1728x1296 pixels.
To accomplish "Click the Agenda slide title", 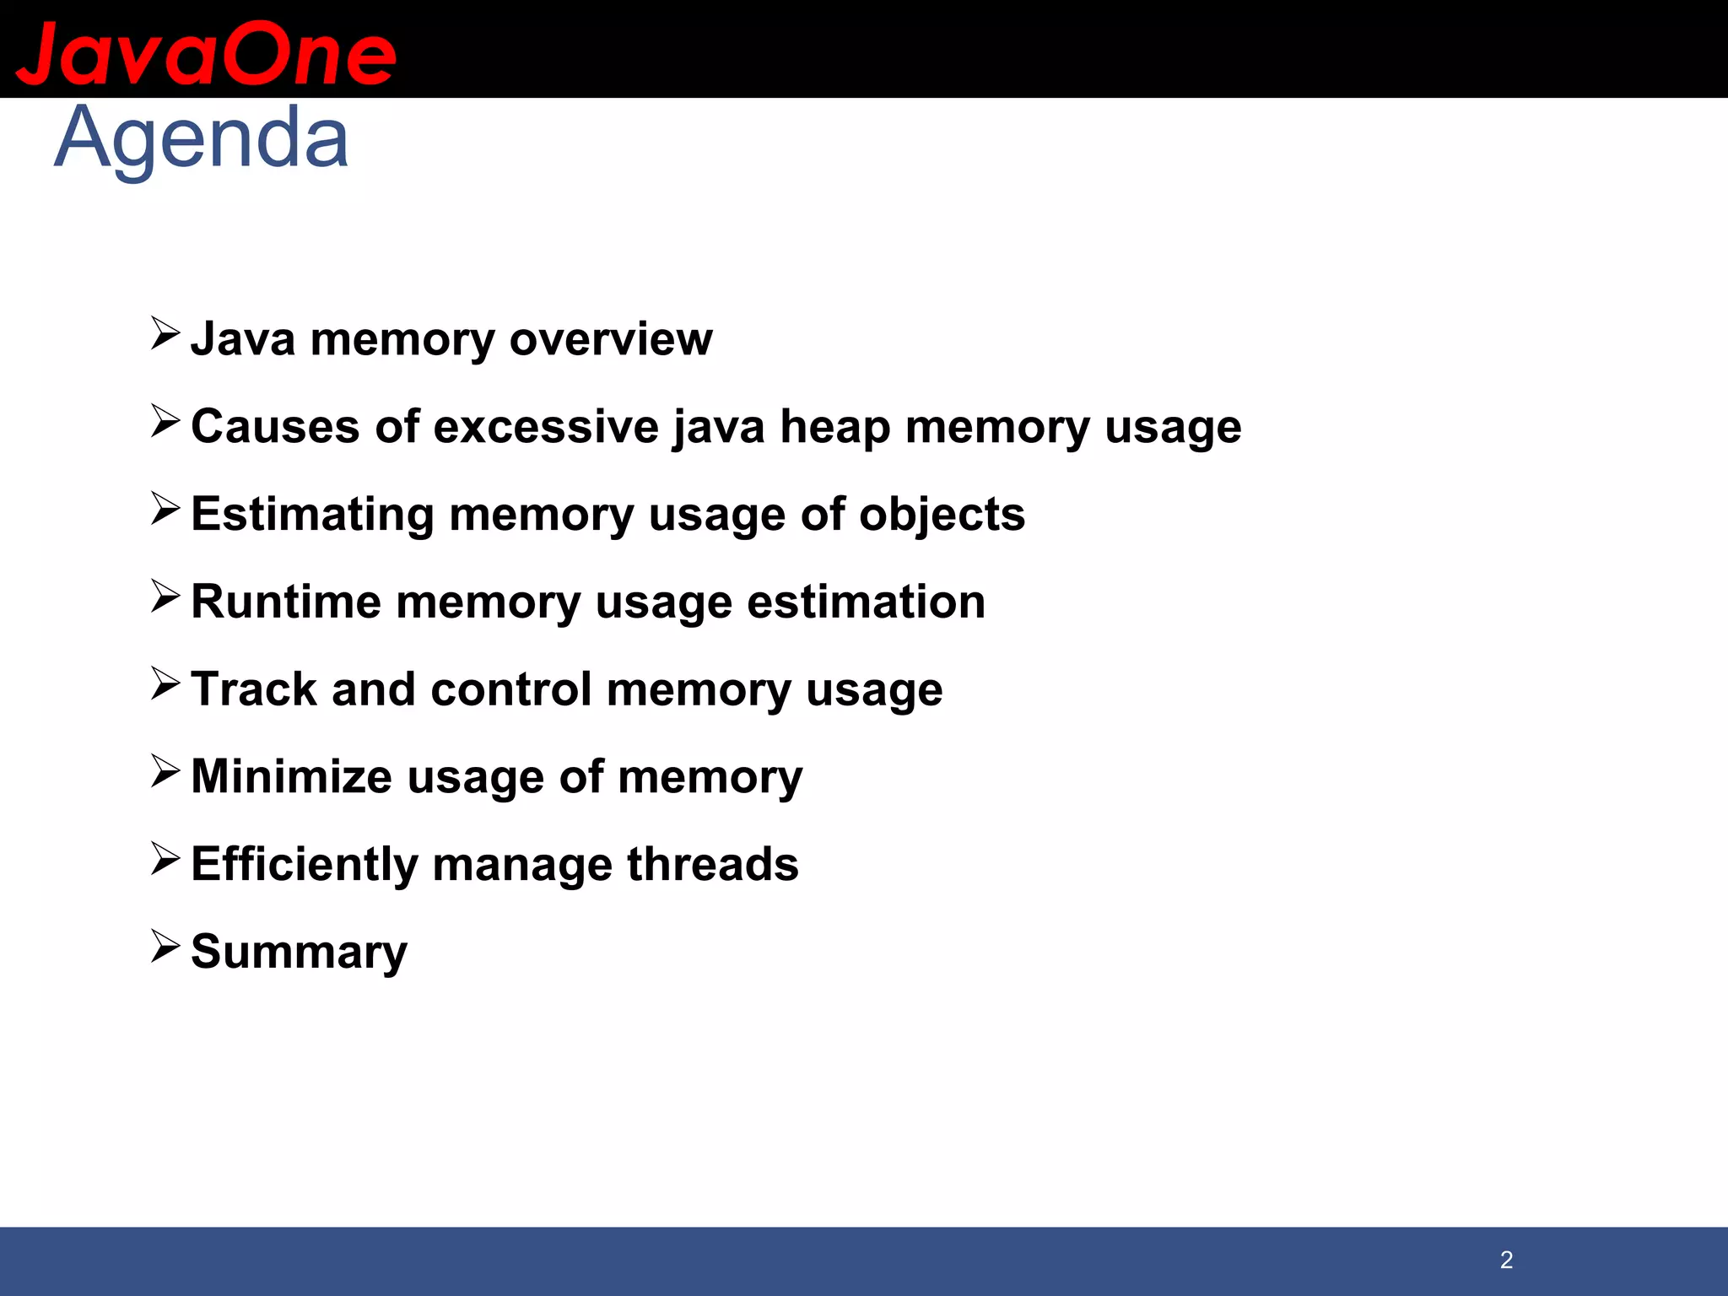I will [x=201, y=138].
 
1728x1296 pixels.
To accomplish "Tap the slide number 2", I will [x=1506, y=1260].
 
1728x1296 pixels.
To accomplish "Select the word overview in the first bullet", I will [x=611, y=339].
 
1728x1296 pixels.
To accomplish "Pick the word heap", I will [x=834, y=426].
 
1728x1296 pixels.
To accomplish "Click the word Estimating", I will [x=312, y=514].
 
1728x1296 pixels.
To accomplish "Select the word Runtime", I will [x=286, y=602].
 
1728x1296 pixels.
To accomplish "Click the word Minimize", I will [x=291, y=776].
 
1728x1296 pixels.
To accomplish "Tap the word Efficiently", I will [x=304, y=864].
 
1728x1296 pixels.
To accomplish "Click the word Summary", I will [x=299, y=952].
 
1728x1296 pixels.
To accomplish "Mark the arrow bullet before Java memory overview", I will [x=165, y=333].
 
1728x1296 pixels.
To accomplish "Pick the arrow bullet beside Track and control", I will [x=165, y=683].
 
